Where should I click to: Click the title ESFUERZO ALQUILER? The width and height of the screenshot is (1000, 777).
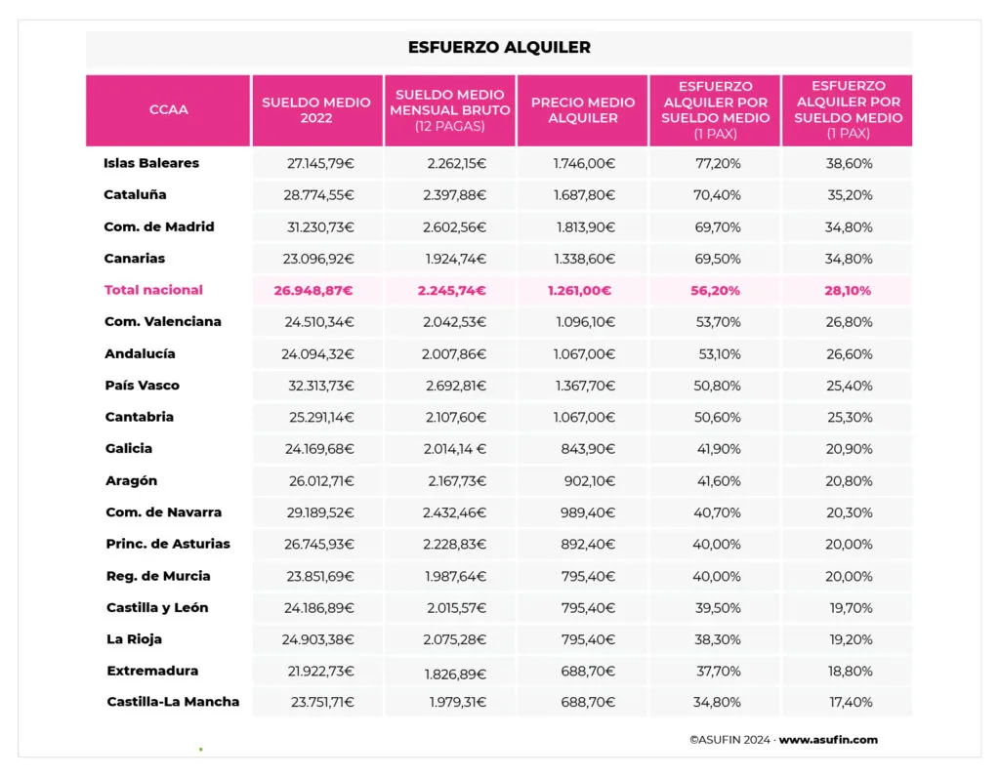499,47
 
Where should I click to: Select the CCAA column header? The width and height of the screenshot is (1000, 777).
168,110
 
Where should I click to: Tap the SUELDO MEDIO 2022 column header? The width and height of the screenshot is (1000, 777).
316,110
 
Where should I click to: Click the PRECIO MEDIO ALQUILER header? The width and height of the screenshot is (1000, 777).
583,110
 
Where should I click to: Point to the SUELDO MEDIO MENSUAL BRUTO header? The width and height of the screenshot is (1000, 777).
450,110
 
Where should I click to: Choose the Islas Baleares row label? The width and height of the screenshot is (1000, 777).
151,163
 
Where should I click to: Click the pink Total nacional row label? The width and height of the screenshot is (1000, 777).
153,290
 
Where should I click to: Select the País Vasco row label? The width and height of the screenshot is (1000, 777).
142,386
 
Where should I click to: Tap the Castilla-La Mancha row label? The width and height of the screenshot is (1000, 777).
173,702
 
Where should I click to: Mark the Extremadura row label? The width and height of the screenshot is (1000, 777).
152,671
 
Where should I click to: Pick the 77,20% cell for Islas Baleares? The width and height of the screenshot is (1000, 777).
716,164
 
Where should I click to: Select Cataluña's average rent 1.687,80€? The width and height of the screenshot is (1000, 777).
584,195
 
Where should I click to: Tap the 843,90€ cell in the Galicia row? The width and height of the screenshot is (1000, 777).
590,449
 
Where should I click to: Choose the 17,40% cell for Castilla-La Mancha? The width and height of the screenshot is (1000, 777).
849,703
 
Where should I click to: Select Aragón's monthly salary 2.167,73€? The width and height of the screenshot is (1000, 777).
456,480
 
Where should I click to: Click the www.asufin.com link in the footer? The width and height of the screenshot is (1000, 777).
828,740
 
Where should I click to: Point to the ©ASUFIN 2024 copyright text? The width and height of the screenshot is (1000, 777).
730,740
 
